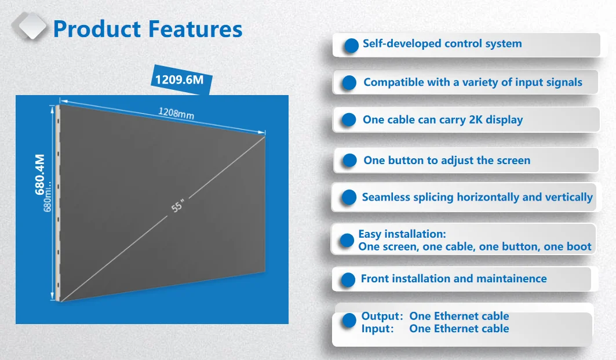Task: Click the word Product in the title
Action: (97, 29)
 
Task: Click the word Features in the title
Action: (195, 29)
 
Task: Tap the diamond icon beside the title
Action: (29, 26)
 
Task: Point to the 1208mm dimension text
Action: (176, 113)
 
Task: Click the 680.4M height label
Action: (39, 174)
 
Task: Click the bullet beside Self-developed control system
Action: (351, 46)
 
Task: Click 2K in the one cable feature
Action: (476, 119)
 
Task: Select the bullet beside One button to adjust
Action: (349, 161)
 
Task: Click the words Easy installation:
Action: (402, 234)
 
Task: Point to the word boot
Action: (579, 246)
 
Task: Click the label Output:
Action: (382, 316)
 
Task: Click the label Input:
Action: (377, 329)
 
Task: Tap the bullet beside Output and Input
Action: (349, 321)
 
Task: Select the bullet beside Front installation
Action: (348, 280)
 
